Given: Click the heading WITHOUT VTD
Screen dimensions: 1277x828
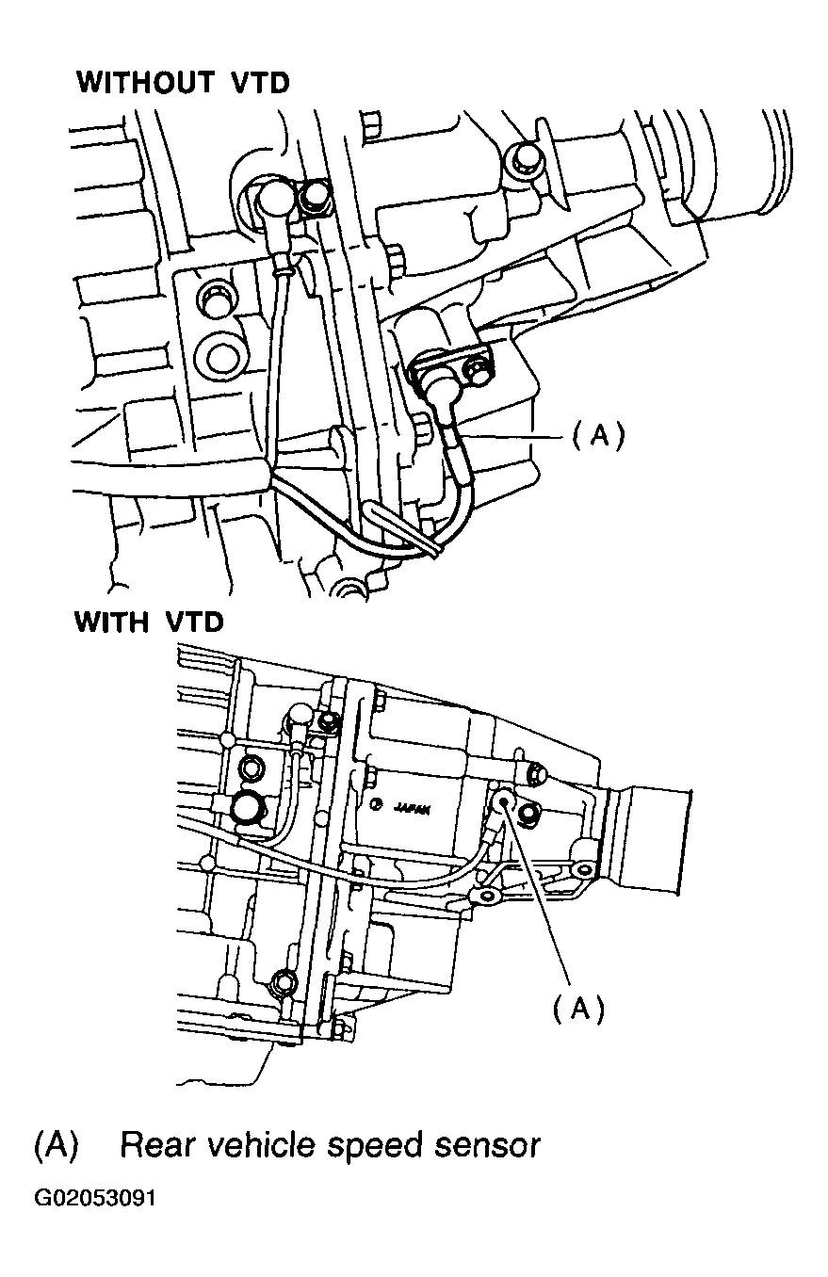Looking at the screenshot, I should pyautogui.click(x=183, y=83).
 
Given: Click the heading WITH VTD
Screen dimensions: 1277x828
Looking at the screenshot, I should pyautogui.click(x=149, y=622).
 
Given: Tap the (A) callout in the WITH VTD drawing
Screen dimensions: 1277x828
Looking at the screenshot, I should pyautogui.click(x=577, y=1009).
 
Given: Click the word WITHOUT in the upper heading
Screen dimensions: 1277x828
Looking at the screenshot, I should pyautogui.click(x=146, y=83).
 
